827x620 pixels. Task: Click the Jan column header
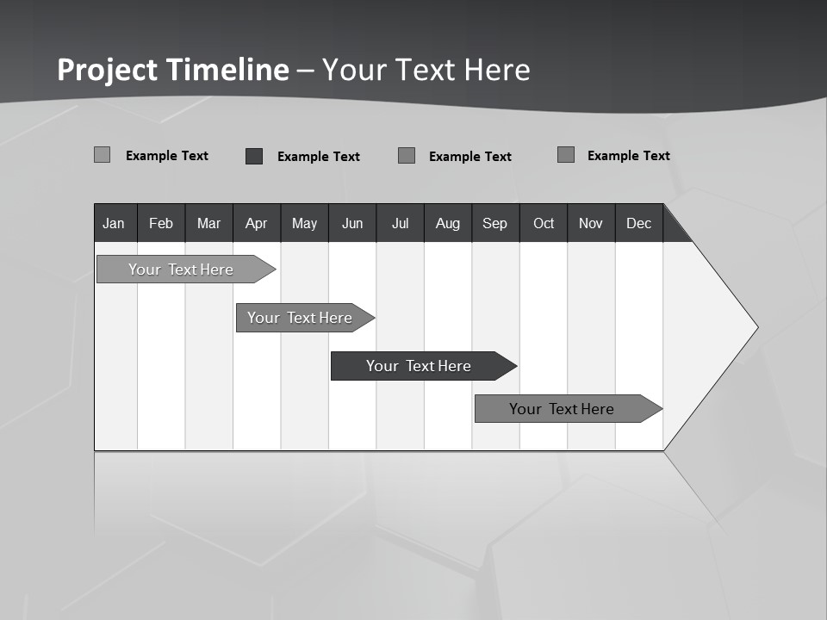115,224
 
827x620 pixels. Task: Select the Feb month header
161,224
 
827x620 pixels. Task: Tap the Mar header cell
208,224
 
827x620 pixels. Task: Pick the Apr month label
257,224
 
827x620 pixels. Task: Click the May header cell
304,224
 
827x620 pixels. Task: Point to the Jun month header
352,224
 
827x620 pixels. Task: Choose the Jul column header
400,224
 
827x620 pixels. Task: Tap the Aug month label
448,224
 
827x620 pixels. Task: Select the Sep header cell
495,224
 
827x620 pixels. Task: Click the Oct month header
544,224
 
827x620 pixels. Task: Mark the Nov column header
591,224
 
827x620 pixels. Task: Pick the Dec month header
639,224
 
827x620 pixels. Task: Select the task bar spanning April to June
302,318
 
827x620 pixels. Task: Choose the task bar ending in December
564,409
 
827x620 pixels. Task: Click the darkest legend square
254,156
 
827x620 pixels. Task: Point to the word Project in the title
109,70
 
